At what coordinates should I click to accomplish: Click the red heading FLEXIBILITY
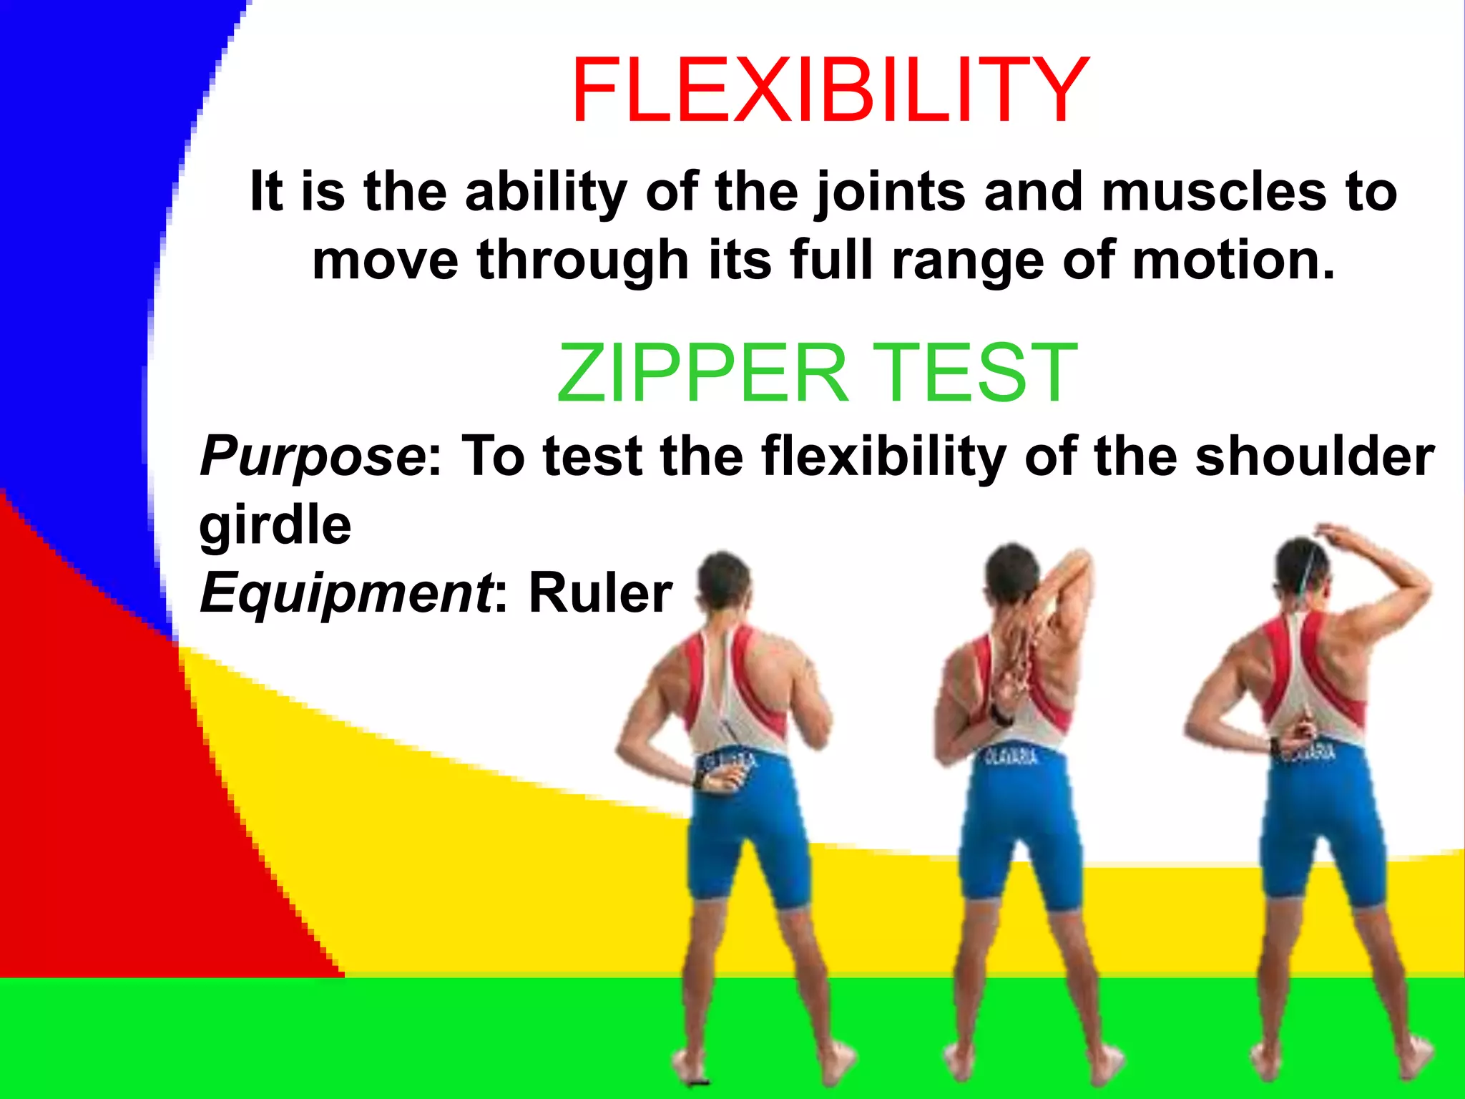pos(830,91)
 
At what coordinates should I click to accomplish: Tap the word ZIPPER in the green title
pos(702,373)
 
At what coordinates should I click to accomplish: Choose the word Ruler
pos(600,593)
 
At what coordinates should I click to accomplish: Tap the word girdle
pos(275,527)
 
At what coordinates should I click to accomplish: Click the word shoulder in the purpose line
pos(1315,456)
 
